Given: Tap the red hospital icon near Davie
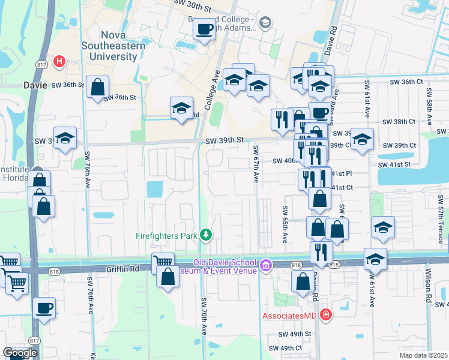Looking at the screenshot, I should coord(59,61).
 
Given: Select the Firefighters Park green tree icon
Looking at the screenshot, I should coord(206,235).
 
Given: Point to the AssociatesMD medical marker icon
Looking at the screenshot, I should coord(325,314).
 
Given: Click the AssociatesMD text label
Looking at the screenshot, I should coord(289,315).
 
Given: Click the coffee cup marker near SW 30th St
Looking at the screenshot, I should coord(205,29).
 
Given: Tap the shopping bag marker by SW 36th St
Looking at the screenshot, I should coord(97,87).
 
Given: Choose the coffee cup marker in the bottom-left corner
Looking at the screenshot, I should coord(44,308).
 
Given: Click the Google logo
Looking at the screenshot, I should coord(20,353).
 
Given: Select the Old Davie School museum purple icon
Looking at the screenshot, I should coord(265,265).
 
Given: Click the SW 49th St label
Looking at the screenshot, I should coord(294,334).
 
